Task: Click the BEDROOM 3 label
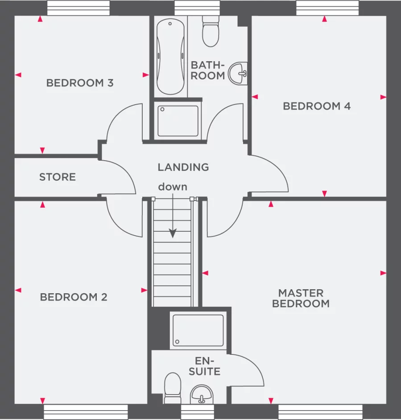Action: [80, 83]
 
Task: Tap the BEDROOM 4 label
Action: [317, 106]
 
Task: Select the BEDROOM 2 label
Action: [74, 297]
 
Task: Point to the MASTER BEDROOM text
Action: [301, 298]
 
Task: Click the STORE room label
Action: [58, 177]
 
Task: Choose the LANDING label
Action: [183, 167]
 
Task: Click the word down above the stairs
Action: [173, 187]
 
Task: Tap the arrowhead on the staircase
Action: [173, 233]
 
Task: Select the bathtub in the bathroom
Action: [171, 56]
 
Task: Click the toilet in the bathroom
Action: [211, 32]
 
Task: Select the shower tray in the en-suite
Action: [198, 330]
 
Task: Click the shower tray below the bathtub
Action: [178, 121]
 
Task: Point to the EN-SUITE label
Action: [204, 366]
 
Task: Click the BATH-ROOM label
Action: [208, 71]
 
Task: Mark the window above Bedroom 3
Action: [78, 8]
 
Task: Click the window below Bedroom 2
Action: [86, 412]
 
